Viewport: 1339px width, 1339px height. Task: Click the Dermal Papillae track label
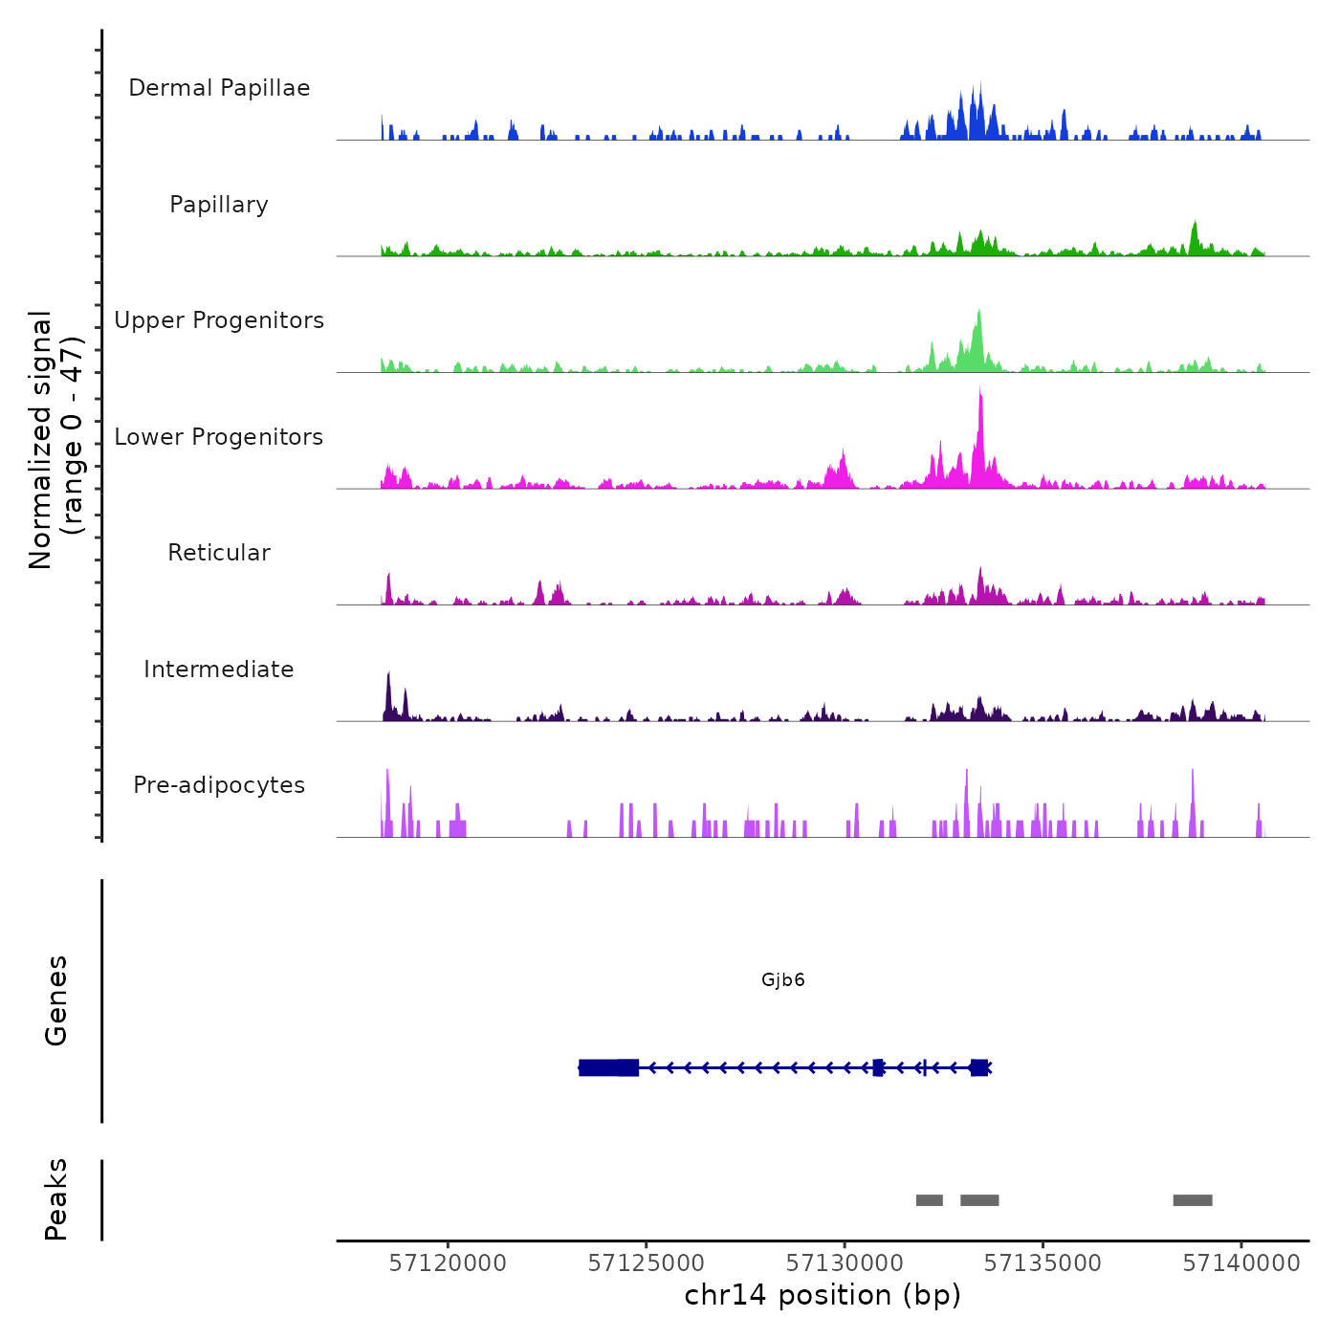pyautogui.click(x=219, y=88)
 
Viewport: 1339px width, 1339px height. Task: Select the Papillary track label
pyautogui.click(x=219, y=205)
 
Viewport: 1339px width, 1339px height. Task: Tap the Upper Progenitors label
pyautogui.click(x=219, y=320)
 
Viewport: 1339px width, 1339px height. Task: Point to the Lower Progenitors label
pyautogui.click(x=219, y=437)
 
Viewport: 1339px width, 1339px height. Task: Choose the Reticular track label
pyautogui.click(x=219, y=553)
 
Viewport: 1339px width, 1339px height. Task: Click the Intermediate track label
pyautogui.click(x=219, y=669)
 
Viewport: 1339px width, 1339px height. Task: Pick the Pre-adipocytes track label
pyautogui.click(x=219, y=785)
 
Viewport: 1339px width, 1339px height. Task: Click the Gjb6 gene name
pyautogui.click(x=783, y=980)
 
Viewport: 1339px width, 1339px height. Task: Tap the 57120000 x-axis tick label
pyautogui.click(x=448, y=1263)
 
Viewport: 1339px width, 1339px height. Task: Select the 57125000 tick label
pyautogui.click(x=647, y=1263)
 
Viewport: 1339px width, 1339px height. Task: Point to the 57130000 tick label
pyautogui.click(x=845, y=1263)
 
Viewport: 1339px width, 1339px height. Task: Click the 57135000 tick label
pyautogui.click(x=1043, y=1263)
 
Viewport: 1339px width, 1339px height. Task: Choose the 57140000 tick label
pyautogui.click(x=1241, y=1263)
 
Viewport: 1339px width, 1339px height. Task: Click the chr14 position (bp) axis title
pyautogui.click(x=823, y=1296)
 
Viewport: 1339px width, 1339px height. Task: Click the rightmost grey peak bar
pyautogui.click(x=1193, y=1200)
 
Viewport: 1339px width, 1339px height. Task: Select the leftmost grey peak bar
pyautogui.click(x=929, y=1200)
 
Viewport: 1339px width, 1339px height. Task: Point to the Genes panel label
pyautogui.click(x=56, y=1000)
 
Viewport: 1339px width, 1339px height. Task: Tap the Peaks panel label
pyautogui.click(x=56, y=1199)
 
